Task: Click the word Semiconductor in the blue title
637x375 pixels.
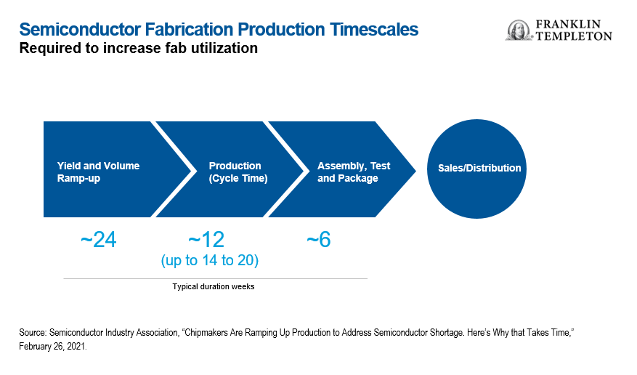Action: pos(80,30)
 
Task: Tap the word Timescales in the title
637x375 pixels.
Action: pos(374,30)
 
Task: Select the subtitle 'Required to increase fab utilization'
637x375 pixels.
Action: pos(139,48)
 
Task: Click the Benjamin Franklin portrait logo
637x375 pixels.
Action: pos(519,30)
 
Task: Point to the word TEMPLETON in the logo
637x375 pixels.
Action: pos(574,36)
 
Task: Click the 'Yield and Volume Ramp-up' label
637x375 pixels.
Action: pos(98,172)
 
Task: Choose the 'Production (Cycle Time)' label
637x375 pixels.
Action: pos(238,172)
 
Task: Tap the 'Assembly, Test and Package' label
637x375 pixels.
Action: pos(354,172)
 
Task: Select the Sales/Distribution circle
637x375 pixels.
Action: pos(476,169)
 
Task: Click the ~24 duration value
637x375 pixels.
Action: pos(99,239)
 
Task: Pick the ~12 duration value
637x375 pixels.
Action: pos(206,239)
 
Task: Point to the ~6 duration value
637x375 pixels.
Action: pos(319,239)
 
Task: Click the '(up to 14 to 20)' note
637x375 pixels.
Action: pos(210,260)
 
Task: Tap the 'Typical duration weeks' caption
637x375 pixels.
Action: pos(214,286)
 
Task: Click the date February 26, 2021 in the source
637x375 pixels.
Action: pos(52,347)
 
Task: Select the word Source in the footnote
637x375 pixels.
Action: pos(33,332)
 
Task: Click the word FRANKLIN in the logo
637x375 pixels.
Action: pos(568,25)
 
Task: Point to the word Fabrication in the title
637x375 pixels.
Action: pos(190,30)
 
